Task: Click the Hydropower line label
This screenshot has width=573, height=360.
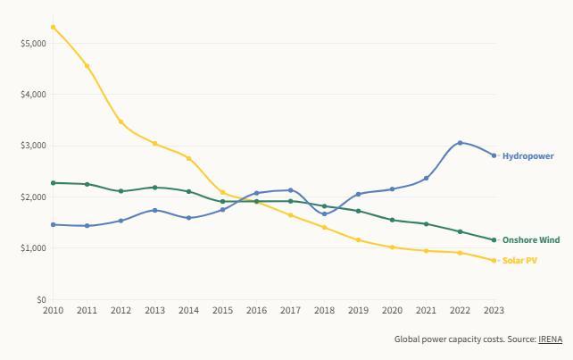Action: (x=527, y=156)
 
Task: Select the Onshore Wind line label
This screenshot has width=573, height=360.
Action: (x=530, y=240)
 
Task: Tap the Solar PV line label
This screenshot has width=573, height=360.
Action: (x=519, y=260)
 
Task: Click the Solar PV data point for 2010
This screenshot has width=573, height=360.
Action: (x=54, y=28)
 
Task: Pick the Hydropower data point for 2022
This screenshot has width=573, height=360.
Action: (x=461, y=143)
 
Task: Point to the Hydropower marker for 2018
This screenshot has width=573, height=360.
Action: (x=325, y=214)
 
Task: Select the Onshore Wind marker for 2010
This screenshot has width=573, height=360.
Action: (x=54, y=183)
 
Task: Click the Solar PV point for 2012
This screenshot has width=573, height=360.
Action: (x=121, y=121)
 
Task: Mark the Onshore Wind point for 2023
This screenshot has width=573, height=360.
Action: (x=494, y=239)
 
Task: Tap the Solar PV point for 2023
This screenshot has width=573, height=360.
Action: (x=494, y=261)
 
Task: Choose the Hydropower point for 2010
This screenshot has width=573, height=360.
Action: (x=54, y=225)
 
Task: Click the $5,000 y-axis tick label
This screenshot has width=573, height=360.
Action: (x=33, y=43)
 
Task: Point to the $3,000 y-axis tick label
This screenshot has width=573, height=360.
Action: (x=33, y=146)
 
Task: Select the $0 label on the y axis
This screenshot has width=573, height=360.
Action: (x=39, y=300)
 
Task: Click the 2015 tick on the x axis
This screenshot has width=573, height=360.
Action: (x=222, y=311)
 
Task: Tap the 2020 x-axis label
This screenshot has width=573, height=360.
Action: (x=392, y=311)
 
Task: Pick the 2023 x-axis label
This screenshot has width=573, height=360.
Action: (x=494, y=311)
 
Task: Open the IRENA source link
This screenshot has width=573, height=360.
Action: (x=550, y=339)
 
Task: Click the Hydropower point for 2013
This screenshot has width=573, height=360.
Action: (x=155, y=211)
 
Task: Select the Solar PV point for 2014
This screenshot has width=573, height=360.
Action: (x=189, y=158)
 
